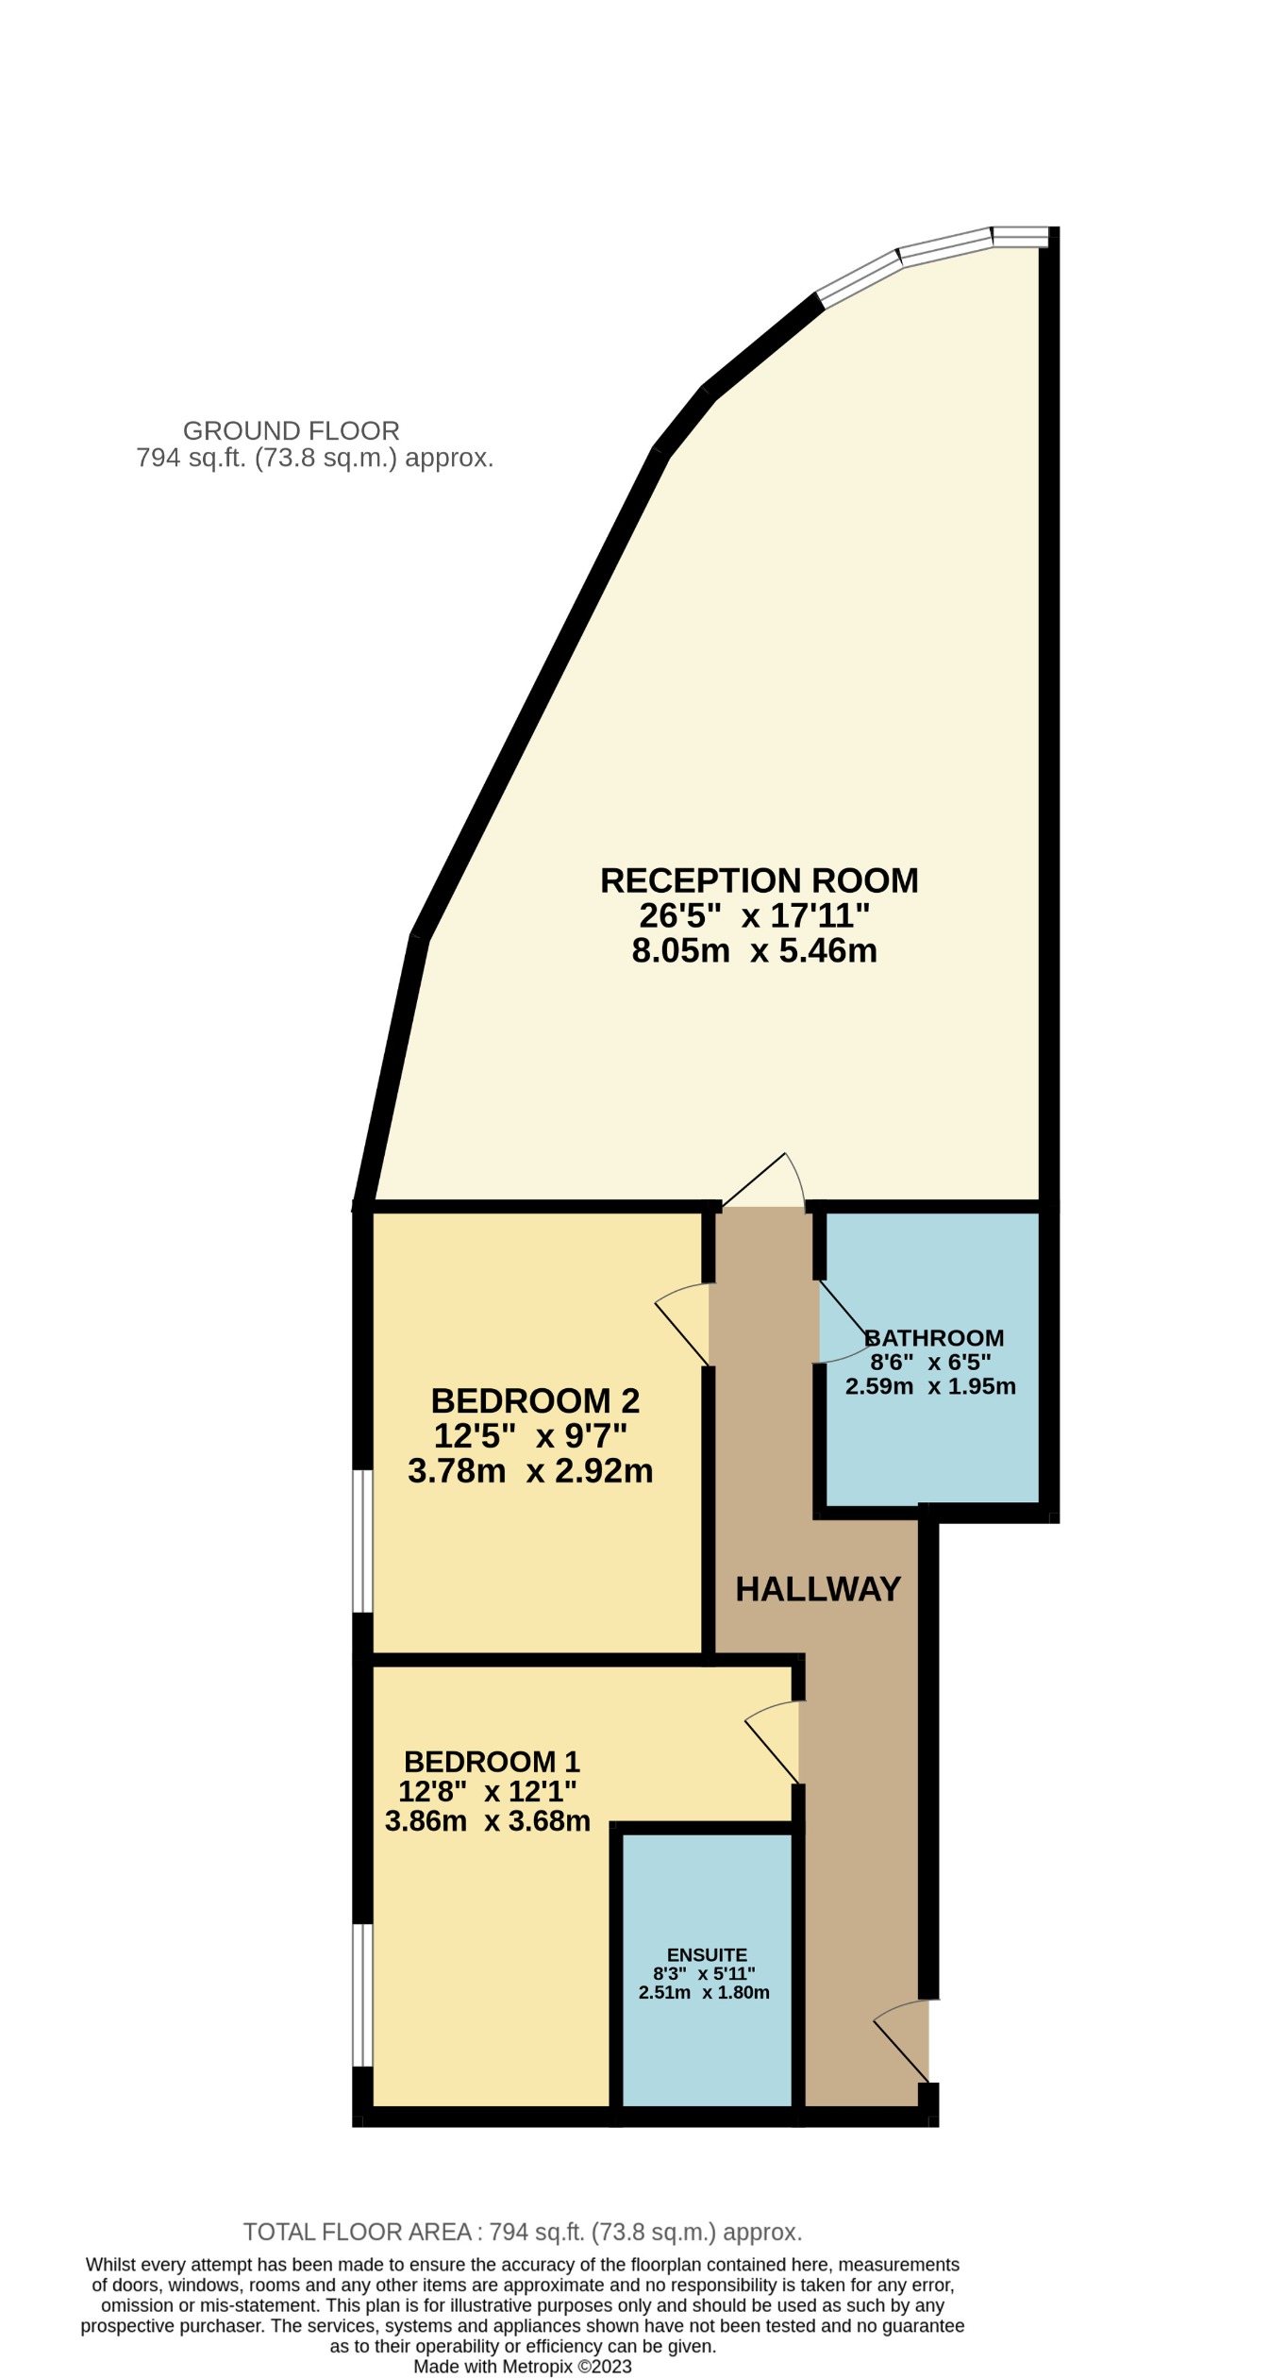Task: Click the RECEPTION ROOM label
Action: (759, 880)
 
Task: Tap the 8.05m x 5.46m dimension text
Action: (754, 950)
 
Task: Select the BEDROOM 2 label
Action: (535, 1400)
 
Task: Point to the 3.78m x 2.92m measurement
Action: (530, 1470)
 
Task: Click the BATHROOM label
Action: (934, 1337)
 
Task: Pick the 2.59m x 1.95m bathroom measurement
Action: (930, 1386)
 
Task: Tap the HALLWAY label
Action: (818, 1589)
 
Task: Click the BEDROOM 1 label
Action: (492, 1761)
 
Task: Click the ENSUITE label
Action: (707, 1955)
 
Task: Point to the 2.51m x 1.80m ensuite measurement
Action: (704, 1993)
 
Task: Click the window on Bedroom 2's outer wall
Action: (362, 1540)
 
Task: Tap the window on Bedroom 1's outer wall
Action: (362, 1996)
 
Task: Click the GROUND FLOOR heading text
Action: (291, 431)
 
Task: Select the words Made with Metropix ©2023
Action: (523, 2367)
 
